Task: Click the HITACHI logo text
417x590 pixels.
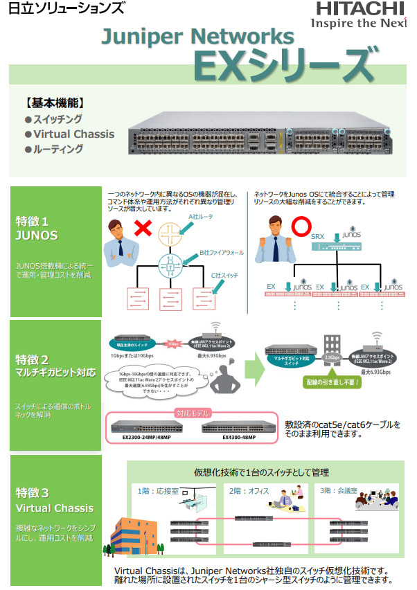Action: coord(360,9)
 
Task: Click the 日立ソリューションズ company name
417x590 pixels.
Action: coord(66,9)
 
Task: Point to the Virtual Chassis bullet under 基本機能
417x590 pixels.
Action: coord(74,134)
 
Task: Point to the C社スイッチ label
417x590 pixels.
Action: coord(224,275)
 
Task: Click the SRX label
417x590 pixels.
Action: coord(317,237)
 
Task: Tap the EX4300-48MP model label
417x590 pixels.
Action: coord(239,437)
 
